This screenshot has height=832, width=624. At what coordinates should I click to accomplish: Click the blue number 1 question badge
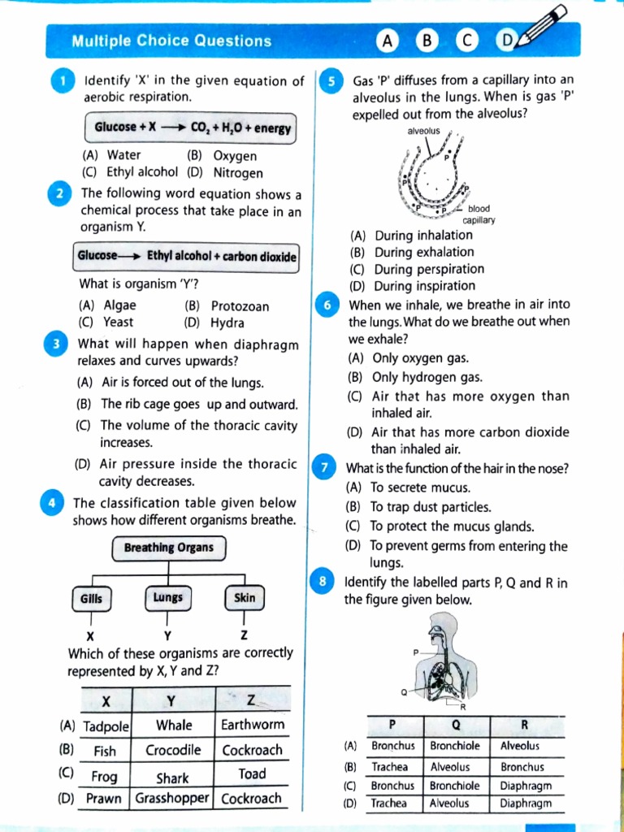[62, 81]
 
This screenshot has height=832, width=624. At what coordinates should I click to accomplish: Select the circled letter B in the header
[426, 41]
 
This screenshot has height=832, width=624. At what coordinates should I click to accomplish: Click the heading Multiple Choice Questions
[171, 41]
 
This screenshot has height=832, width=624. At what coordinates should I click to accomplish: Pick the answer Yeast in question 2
[118, 322]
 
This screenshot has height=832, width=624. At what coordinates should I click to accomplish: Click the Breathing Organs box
[168, 548]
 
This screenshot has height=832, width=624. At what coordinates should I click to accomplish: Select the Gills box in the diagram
[92, 598]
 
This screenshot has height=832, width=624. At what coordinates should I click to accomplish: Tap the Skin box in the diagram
[244, 598]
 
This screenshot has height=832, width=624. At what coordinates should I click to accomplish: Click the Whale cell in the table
[174, 725]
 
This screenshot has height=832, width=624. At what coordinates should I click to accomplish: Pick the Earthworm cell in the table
[253, 725]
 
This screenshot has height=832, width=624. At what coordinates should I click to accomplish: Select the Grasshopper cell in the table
[174, 798]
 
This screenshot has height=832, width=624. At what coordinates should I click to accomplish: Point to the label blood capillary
[479, 214]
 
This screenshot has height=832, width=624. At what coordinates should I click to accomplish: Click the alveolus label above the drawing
[423, 131]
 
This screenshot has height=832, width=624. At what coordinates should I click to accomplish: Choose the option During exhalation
[422, 252]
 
